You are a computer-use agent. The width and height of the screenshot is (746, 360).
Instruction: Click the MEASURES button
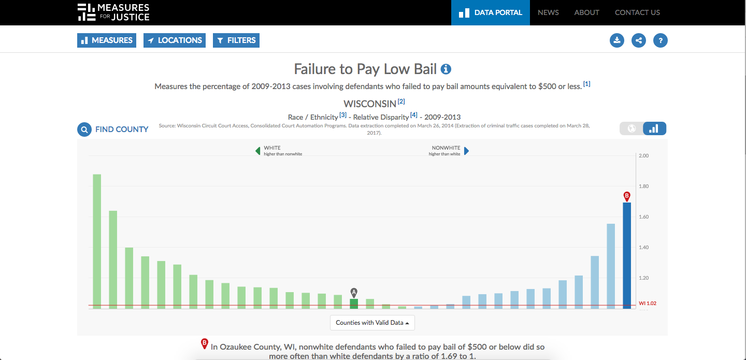(107, 40)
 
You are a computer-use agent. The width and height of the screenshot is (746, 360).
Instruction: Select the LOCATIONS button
(174, 40)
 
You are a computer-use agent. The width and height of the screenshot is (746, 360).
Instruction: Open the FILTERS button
(236, 40)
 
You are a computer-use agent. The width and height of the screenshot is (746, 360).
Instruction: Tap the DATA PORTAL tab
(491, 12)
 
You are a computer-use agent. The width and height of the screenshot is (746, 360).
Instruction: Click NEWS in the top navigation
(548, 12)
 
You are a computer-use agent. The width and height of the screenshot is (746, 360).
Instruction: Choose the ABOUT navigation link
(586, 12)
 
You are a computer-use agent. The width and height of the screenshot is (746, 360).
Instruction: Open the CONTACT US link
(637, 12)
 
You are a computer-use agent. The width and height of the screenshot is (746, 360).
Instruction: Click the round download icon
(617, 40)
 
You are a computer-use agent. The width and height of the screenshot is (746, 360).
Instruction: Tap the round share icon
(639, 40)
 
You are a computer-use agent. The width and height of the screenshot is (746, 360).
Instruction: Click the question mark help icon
(661, 40)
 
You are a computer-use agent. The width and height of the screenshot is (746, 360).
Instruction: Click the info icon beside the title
(446, 69)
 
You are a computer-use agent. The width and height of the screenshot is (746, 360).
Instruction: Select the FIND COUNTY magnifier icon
(84, 129)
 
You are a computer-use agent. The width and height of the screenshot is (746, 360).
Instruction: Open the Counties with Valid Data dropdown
(372, 323)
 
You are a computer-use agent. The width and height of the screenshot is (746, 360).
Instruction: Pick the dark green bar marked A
(354, 304)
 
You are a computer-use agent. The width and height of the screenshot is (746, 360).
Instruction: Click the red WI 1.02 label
(648, 304)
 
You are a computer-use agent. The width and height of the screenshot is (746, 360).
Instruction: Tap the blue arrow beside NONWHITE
(467, 151)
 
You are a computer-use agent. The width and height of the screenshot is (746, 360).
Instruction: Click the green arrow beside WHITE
(257, 151)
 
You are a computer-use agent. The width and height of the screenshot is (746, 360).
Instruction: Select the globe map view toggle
(632, 128)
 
